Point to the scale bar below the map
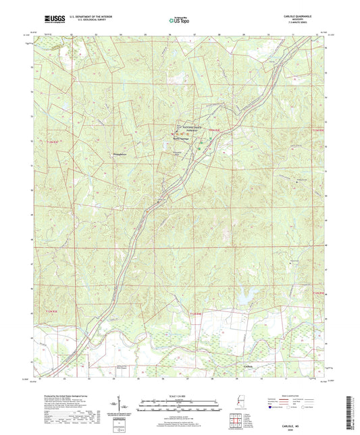(180, 407)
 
